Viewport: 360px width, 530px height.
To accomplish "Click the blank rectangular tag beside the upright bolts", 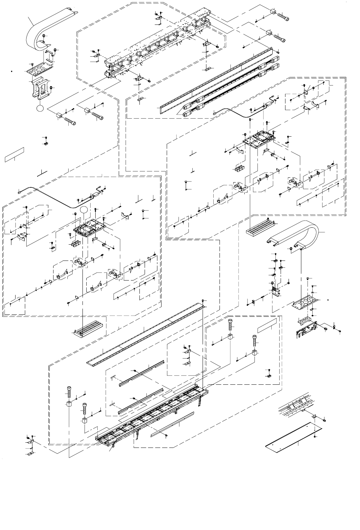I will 267,325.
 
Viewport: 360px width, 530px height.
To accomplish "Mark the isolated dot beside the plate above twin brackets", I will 12,71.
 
